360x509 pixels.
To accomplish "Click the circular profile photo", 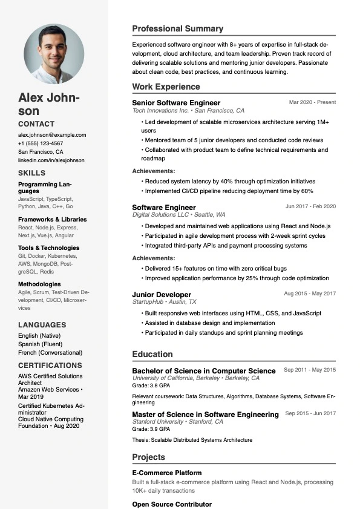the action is pos(54,53).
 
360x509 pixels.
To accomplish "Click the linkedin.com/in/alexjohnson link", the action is pos(51,160).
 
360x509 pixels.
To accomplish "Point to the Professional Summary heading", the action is pos(178,28).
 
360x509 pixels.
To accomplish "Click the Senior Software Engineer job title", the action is pos(176,103).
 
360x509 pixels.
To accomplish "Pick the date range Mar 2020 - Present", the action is pos(312,102).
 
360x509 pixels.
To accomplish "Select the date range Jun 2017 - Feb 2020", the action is pos(310,206).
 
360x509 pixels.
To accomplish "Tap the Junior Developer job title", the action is pos(162,295).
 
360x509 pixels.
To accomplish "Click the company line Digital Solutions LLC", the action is pos(179,215).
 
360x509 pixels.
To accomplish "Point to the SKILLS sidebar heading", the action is pos(31,173).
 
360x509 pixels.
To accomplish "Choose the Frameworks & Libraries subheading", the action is pos(53,219).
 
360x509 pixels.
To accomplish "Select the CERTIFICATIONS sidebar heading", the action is pos(50,366).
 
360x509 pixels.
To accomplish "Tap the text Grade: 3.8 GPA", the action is pos(151,386).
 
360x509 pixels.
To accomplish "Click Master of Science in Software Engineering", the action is pos(205,414).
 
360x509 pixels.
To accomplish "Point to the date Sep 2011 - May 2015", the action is pos(310,370).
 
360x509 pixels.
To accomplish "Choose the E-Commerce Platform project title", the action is pos(167,473).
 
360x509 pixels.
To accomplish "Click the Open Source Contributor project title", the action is pos(172,504).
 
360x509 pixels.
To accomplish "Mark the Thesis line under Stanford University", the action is pos(192,440).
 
